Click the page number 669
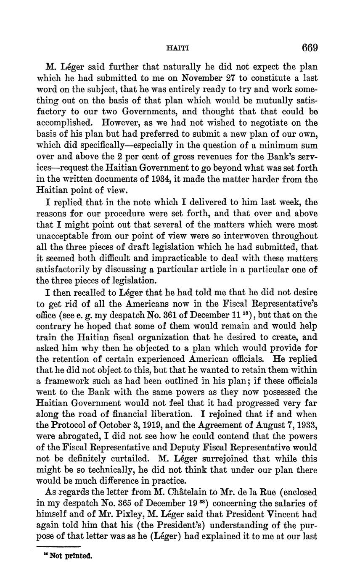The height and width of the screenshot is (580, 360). point(310,48)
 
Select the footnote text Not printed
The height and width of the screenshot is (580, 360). point(70,556)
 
